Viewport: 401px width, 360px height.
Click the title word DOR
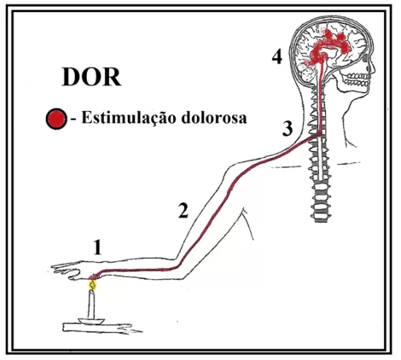[91, 77]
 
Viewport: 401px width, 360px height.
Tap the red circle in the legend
[56, 119]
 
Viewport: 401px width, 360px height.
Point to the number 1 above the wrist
[97, 247]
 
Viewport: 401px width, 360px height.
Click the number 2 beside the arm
[183, 211]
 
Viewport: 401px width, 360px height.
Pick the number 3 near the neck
[288, 128]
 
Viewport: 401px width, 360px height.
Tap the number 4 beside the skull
[277, 56]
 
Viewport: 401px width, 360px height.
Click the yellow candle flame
[92, 285]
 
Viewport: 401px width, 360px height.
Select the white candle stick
[91, 305]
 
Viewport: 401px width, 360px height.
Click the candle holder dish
[91, 322]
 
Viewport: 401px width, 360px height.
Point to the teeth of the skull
[357, 78]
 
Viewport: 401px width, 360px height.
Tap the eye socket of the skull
[365, 58]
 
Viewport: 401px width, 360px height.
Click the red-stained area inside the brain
[327, 49]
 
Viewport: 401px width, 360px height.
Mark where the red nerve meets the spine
[317, 136]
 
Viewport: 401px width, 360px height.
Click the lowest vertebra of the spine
[320, 218]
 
